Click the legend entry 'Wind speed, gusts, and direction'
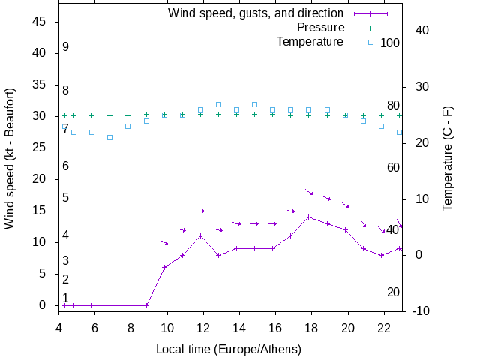click(255, 13)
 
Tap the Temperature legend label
click(310, 41)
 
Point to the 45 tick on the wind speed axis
click(41, 22)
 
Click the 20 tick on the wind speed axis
click(41, 179)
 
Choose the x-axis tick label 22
click(384, 328)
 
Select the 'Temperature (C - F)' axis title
click(447, 158)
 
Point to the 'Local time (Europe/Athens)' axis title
click(228, 349)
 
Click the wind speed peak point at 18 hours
click(309, 217)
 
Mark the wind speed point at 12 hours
click(200, 235)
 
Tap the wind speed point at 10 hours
click(164, 267)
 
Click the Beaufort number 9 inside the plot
click(66, 47)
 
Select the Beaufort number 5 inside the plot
click(66, 198)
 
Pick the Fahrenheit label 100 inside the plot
click(390, 43)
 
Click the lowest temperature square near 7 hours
click(109, 137)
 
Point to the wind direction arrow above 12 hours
click(200, 211)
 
